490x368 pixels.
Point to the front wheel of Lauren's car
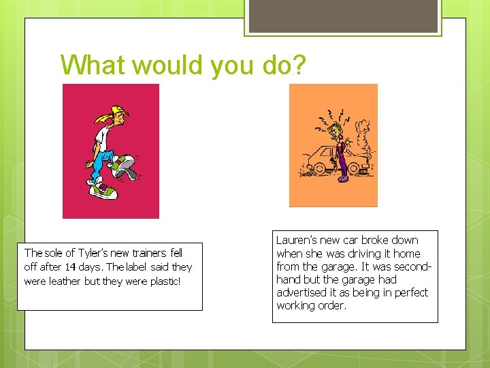pyautogui.click(x=318, y=168)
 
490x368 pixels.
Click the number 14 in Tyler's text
pyautogui.click(x=71, y=267)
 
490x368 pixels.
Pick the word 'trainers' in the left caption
pyautogui.click(x=142, y=253)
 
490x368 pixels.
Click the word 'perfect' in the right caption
pyautogui.click(x=411, y=292)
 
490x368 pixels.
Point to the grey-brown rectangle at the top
pyautogui.click(x=343, y=16)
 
